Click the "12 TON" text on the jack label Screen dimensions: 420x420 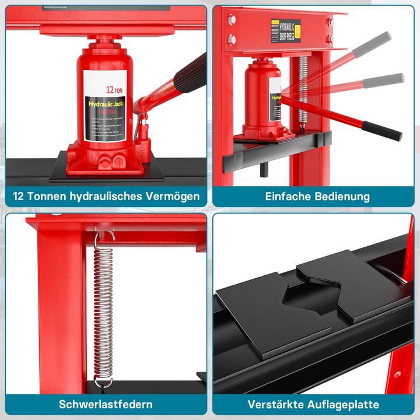tap(113, 90)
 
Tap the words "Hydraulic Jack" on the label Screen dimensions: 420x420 tap(107, 104)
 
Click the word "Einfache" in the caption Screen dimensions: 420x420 tap(286, 196)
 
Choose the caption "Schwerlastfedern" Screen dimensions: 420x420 tap(106, 404)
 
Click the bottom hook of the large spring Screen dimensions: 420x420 tap(104, 382)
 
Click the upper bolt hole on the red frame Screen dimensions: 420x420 tap(232, 19)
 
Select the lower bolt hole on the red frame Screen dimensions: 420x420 tap(232, 40)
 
